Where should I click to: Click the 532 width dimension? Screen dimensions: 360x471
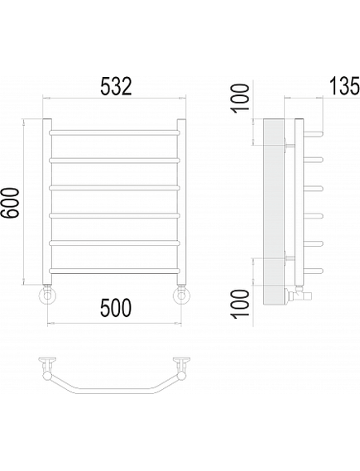[116, 86]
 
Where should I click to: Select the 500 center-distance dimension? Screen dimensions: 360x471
[116, 308]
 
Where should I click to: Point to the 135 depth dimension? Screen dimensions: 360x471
[344, 85]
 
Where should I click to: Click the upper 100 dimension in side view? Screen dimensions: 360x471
[240, 98]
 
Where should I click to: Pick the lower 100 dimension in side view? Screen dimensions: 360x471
[240, 303]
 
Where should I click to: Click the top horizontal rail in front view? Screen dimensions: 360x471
[115, 132]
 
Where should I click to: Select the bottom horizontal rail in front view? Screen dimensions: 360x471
[115, 271]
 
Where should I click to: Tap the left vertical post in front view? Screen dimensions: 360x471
[47, 201]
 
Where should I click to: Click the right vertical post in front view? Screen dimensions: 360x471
[181, 201]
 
